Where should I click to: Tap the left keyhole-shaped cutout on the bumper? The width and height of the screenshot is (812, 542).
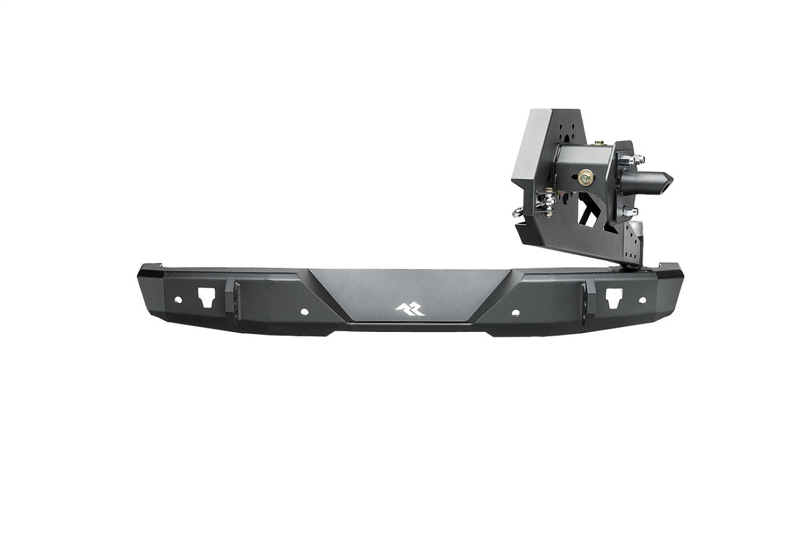click(x=205, y=295)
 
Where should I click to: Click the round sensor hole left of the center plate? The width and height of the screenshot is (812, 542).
click(x=304, y=312)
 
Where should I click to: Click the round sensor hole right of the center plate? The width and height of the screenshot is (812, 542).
click(x=516, y=312)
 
